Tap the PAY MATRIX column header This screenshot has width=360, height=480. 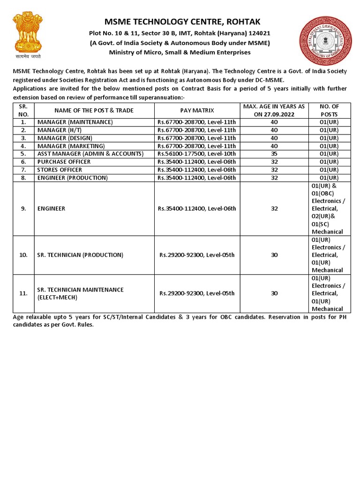pos(197,110)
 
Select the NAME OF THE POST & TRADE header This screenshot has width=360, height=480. pos(94,110)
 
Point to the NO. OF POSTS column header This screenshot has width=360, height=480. pos(329,110)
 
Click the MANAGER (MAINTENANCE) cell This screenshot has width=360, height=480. pos(75,122)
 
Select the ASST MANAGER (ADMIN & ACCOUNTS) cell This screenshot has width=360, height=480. pos(90,154)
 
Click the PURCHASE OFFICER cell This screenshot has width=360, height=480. pos(64,162)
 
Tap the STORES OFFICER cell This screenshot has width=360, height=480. pos(60,170)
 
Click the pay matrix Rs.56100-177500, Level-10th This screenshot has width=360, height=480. pos(197,154)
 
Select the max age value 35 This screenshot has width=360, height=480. pos(274,154)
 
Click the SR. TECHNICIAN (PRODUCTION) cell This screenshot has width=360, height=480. pos(80,255)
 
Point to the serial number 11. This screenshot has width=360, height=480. pos(23,293)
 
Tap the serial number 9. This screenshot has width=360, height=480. pos(23,209)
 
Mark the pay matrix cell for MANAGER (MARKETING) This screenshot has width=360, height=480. pos(197,146)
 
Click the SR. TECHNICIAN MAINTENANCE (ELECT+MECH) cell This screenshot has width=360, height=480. pos(80,293)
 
